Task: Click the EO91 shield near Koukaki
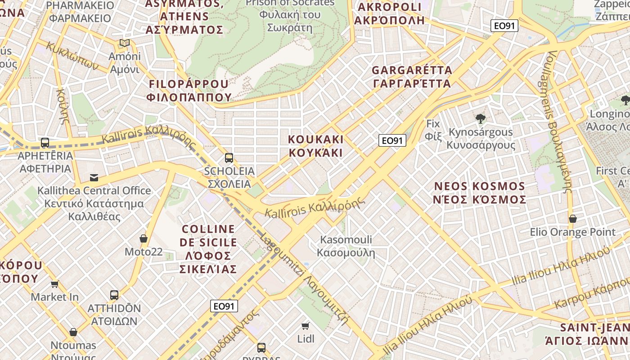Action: click(x=392, y=141)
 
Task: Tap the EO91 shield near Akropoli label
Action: click(x=504, y=26)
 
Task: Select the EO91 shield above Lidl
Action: click(x=224, y=306)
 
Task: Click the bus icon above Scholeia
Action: click(x=229, y=158)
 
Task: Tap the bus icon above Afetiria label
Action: click(x=45, y=143)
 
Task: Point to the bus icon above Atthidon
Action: click(x=114, y=295)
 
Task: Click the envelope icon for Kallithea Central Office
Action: click(x=94, y=177)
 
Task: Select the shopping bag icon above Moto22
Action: click(x=144, y=238)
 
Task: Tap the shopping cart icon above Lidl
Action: click(x=306, y=326)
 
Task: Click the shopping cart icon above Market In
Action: click(x=55, y=284)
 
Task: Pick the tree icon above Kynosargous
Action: click(x=480, y=119)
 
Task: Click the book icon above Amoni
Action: click(x=125, y=43)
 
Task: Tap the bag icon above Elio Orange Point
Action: click(x=572, y=219)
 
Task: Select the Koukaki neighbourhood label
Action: click(x=316, y=146)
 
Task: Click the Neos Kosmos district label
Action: click(x=479, y=193)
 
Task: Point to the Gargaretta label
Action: click(x=412, y=77)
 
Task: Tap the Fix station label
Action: click(x=433, y=130)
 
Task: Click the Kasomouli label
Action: click(x=346, y=246)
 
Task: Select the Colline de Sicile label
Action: click(x=208, y=249)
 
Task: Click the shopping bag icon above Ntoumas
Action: click(x=73, y=332)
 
